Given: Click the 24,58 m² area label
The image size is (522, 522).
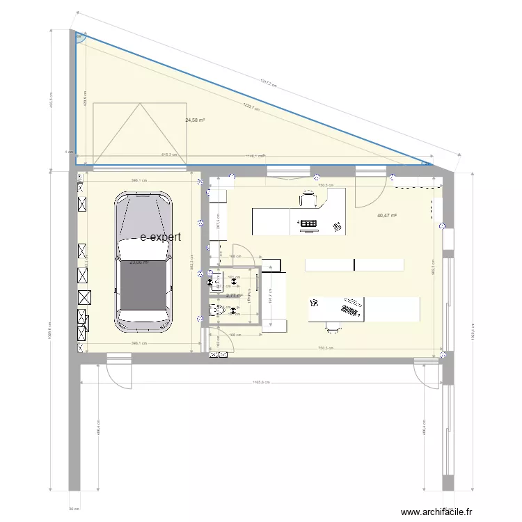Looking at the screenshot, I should (x=195, y=120).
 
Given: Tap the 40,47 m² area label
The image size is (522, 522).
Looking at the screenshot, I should (x=387, y=216).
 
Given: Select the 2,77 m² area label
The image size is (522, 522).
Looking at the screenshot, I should (x=235, y=296).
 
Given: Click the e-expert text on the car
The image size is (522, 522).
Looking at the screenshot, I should (x=161, y=237).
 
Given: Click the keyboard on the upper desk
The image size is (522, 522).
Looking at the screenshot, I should (x=308, y=223).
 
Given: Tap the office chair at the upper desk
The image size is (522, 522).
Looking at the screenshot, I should (x=308, y=200).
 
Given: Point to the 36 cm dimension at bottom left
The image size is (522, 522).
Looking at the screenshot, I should (x=73, y=508).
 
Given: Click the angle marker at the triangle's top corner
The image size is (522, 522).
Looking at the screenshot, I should (x=81, y=38).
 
